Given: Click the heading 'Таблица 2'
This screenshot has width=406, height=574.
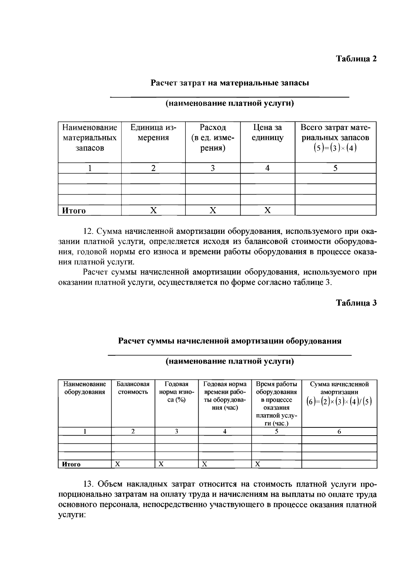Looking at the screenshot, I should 356,59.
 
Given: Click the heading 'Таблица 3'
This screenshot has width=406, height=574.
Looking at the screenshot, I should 356,303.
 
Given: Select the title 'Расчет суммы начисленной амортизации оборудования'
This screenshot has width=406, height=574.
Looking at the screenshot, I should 229,341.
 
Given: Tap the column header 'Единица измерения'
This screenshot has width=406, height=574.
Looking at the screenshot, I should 153,133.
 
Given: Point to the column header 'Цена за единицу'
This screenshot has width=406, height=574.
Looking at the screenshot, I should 267,133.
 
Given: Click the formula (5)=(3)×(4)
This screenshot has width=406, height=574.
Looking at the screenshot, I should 335,148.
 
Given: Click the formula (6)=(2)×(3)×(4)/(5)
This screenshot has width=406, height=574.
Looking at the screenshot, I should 339,402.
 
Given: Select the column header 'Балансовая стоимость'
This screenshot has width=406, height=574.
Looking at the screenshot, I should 133,388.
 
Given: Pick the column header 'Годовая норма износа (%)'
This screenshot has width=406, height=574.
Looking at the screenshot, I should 176,392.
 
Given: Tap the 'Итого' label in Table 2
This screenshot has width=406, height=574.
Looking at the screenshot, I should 74,211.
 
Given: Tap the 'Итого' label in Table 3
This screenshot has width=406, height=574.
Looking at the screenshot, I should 71,464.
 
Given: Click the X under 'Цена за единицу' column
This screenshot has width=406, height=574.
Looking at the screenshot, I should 267,211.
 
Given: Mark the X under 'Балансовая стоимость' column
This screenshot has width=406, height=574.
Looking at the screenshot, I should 117,464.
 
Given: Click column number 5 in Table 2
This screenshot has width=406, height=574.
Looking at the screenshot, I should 335,168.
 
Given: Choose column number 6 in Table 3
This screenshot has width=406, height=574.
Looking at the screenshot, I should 339,432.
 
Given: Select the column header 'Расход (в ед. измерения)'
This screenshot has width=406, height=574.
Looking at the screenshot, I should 212,138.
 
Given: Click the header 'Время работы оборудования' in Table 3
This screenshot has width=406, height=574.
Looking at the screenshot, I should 276,403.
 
